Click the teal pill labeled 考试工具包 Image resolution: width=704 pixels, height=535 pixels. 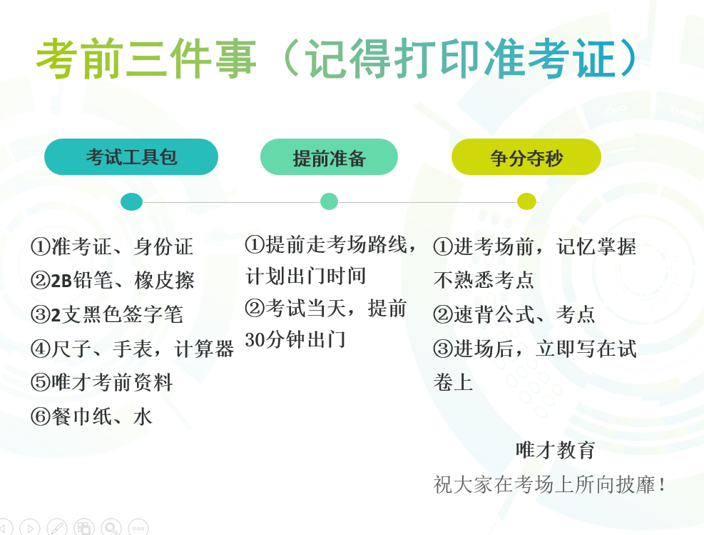(x=131, y=157)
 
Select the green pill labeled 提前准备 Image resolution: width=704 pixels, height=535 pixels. (x=329, y=157)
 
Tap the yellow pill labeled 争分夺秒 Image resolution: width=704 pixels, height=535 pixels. (x=526, y=157)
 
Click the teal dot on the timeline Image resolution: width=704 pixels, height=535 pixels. (x=131, y=202)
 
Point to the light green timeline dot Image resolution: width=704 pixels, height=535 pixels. (x=329, y=201)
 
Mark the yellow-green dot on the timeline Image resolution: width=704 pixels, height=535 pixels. (x=526, y=201)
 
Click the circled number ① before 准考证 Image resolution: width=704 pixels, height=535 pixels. (x=41, y=247)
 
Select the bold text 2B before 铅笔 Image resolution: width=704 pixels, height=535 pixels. (x=61, y=281)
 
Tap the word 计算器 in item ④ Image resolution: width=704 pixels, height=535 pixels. (x=204, y=349)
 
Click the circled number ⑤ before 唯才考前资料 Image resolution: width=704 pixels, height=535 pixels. (x=41, y=383)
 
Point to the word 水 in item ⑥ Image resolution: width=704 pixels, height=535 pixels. (x=143, y=416)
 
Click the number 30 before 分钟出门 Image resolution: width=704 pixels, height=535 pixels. (x=255, y=340)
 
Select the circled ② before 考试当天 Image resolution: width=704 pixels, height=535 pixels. (x=255, y=309)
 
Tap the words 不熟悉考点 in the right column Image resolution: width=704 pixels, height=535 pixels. (x=484, y=280)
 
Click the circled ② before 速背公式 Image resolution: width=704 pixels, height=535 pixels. (x=443, y=314)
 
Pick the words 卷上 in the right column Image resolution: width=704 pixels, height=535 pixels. (x=454, y=383)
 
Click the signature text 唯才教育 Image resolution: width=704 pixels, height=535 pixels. (x=556, y=450)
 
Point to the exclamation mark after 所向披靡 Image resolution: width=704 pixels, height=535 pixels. (x=663, y=485)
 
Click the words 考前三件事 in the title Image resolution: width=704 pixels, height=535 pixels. (x=146, y=59)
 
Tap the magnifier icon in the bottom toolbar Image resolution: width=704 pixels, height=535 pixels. (x=111, y=527)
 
